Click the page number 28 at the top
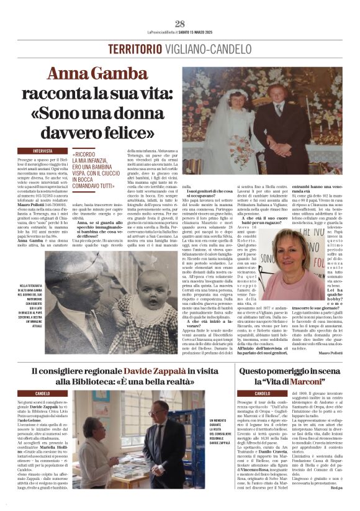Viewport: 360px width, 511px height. click(180, 24)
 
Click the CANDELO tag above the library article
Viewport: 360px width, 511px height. click(43, 394)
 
